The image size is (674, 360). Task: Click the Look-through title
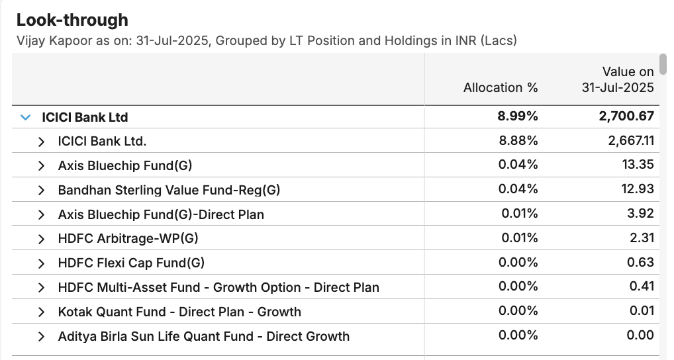click(72, 20)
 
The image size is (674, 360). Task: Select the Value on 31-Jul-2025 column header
click(618, 79)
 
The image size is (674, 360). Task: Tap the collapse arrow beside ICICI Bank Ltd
click(26, 117)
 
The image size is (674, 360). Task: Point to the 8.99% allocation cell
click(518, 117)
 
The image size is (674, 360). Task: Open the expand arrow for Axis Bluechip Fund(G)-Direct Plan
click(42, 214)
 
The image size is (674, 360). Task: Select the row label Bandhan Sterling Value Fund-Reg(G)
click(169, 190)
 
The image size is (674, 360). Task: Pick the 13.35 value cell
click(640, 165)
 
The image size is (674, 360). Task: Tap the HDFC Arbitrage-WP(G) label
click(128, 238)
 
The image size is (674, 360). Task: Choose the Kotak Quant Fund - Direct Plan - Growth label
click(179, 312)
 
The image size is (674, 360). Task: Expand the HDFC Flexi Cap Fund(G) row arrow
click(42, 263)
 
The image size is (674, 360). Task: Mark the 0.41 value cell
click(642, 287)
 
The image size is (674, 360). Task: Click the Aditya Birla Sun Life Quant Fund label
click(203, 336)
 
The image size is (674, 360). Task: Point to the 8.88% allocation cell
click(518, 141)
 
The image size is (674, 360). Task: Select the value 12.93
click(640, 189)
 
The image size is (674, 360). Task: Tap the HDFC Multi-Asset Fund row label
click(218, 287)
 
